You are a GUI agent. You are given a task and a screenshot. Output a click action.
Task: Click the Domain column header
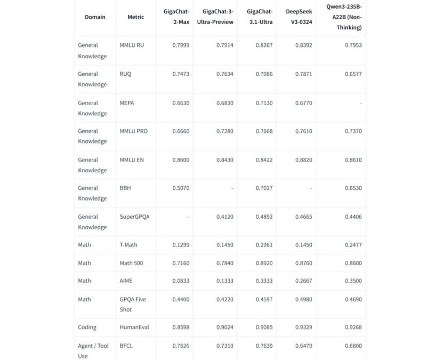(x=95, y=17)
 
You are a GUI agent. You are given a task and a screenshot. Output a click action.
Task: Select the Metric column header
(x=135, y=17)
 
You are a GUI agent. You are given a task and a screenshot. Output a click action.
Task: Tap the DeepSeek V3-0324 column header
(x=298, y=17)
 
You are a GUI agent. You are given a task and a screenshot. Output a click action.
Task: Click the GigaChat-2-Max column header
(x=176, y=17)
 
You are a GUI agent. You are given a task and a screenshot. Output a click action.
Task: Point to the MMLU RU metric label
(x=132, y=45)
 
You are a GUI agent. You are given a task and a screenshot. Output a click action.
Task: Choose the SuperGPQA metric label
(x=134, y=217)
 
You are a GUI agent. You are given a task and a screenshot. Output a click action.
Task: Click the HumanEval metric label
(x=133, y=327)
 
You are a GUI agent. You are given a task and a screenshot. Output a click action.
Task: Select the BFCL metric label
(x=126, y=346)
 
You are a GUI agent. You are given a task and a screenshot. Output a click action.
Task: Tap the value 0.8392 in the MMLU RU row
(x=304, y=45)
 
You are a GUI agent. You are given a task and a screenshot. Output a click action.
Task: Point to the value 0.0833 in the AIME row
(x=181, y=281)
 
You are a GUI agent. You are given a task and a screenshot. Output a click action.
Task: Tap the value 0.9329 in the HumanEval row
(x=304, y=327)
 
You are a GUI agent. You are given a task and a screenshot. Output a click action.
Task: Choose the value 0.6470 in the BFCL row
(x=304, y=346)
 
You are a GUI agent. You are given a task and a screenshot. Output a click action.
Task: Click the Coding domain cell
(x=87, y=327)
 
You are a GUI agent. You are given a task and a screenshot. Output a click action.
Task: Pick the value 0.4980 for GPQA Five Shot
(x=304, y=300)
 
